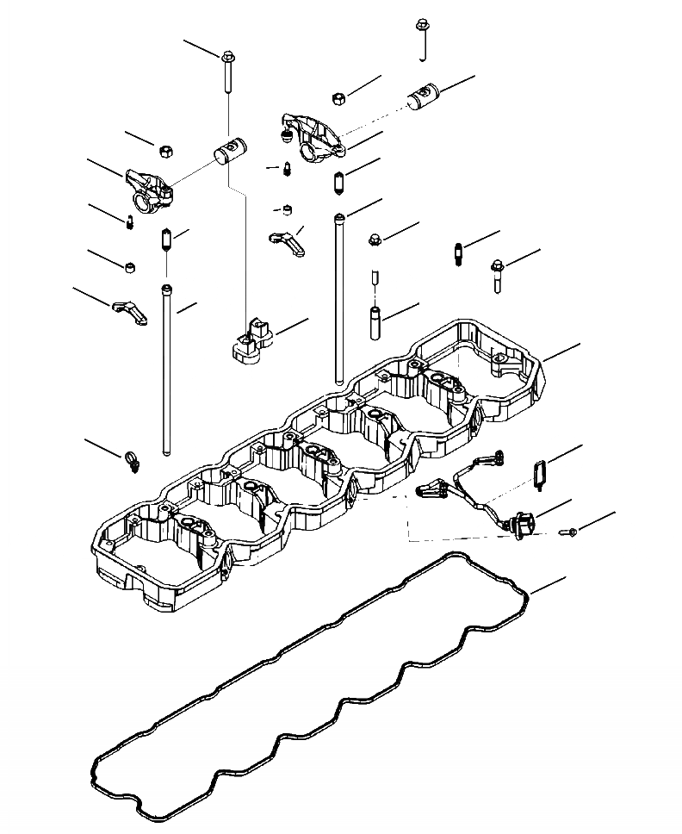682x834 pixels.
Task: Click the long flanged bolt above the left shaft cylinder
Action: click(229, 72)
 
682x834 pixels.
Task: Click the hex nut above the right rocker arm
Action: click(339, 97)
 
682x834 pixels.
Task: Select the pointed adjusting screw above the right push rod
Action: click(339, 184)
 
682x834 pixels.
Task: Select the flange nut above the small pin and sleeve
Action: click(375, 239)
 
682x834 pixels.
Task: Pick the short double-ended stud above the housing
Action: click(457, 254)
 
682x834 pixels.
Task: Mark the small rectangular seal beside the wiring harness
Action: click(540, 473)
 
